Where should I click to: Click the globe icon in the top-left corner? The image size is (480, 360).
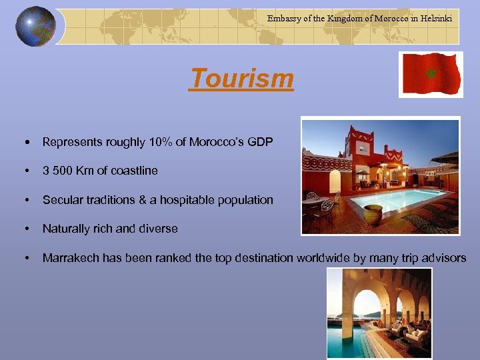(x=35, y=27)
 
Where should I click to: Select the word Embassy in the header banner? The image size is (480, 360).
(x=284, y=19)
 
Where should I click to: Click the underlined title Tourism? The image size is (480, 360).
(x=241, y=79)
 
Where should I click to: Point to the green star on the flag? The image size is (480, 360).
(x=431, y=72)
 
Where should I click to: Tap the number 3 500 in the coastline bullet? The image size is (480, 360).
(x=57, y=171)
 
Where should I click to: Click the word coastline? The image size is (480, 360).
(x=135, y=171)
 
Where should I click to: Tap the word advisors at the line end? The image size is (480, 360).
(x=443, y=258)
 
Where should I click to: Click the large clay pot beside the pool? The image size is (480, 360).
(x=374, y=215)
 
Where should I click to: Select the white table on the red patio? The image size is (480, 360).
(x=318, y=202)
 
